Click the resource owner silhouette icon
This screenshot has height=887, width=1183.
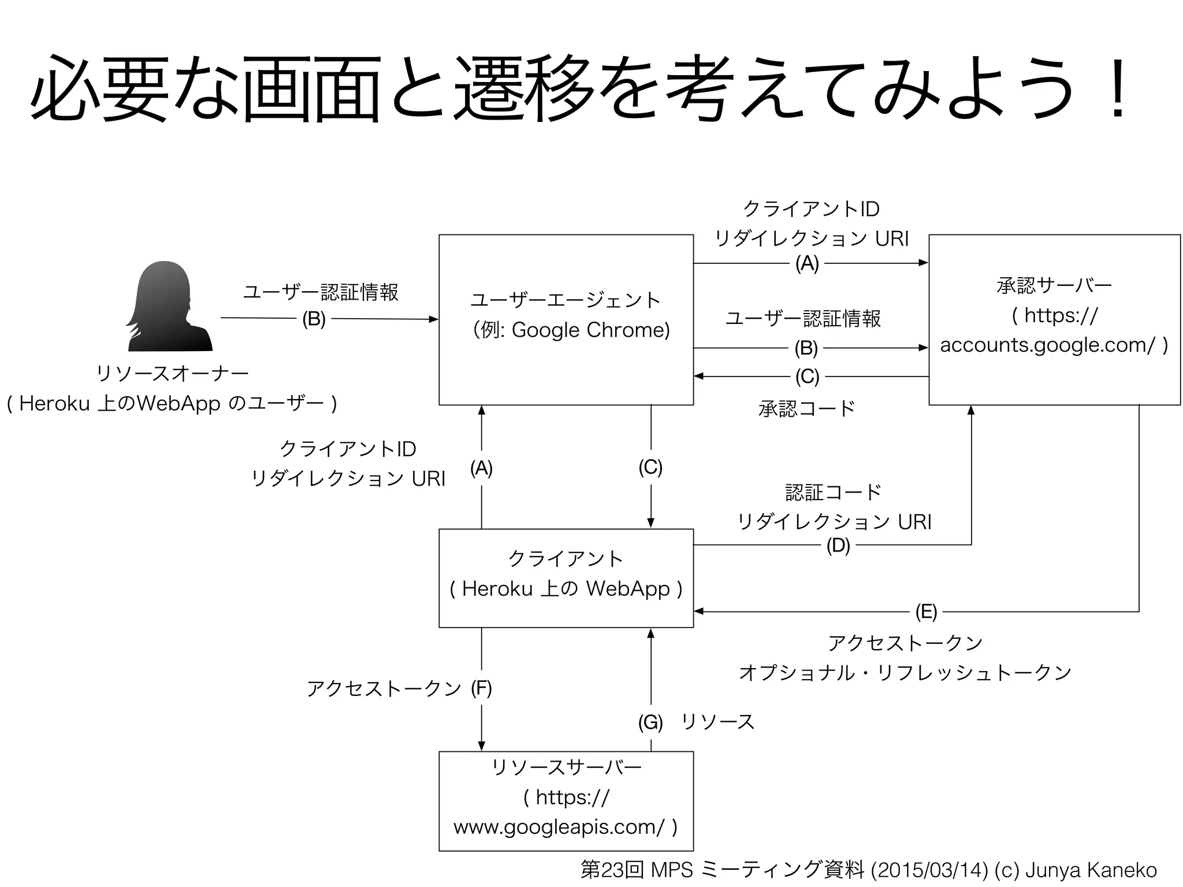pos(169,307)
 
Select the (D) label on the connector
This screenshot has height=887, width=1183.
pos(838,545)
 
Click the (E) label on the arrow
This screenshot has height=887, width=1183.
pos(926,612)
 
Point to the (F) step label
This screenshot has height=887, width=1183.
pos(481,688)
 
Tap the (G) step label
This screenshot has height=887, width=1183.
pos(650,722)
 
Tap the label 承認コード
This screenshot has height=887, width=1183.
pos(806,408)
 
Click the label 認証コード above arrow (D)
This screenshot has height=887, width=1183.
pos(834,492)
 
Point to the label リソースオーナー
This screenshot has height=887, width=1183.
pos(172,374)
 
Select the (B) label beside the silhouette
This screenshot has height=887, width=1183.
pos(314,319)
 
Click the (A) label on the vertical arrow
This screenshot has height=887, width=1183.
pos(481,468)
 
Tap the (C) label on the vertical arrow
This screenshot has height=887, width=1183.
pos(650,467)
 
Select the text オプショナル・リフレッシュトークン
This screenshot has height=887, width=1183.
pos(905,673)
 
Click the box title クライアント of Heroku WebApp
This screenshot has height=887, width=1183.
pos(566,558)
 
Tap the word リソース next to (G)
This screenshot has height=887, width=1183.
pos(718,722)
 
